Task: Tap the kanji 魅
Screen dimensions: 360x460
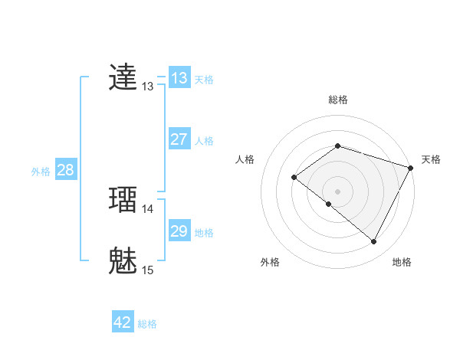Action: point(123,260)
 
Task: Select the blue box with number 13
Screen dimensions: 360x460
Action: point(179,78)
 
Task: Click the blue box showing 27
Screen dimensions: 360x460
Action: point(179,139)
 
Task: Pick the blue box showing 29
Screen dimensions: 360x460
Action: point(179,231)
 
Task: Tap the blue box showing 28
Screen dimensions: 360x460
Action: point(66,170)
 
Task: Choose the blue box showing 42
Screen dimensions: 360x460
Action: point(123,322)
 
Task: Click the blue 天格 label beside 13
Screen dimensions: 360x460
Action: point(204,80)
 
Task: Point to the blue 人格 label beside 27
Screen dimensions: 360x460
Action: point(204,141)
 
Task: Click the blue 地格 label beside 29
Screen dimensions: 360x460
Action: point(204,233)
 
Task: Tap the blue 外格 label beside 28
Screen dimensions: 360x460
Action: point(41,172)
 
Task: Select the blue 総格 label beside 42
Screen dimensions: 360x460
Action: point(147,324)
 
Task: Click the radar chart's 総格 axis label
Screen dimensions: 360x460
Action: point(337,100)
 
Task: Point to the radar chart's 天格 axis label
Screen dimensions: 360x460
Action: point(431,159)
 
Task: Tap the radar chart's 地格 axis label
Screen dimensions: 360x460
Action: point(402,262)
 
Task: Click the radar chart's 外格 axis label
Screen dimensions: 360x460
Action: point(270,262)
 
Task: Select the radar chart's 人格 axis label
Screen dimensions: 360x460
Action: point(245,159)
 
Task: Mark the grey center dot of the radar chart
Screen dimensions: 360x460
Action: point(337,191)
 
